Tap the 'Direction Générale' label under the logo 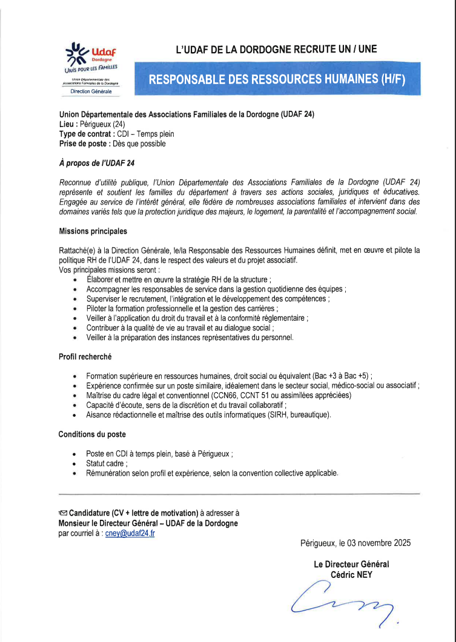click(91, 91)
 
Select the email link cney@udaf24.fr click(130, 534)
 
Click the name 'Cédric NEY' click(351, 574)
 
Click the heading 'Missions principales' click(93, 231)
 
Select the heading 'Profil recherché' click(85, 357)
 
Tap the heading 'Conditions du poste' click(92, 434)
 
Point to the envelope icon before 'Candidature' click(63, 513)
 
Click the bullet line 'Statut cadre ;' click(107, 463)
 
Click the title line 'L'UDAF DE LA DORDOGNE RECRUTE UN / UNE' click(276, 50)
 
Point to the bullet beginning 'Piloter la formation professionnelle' click(182, 308)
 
